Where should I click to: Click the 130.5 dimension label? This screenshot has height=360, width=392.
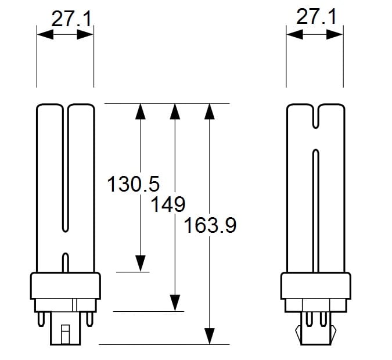point(133,183)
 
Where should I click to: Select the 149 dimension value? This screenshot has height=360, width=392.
point(168,204)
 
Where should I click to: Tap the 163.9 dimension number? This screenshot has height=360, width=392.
point(210,225)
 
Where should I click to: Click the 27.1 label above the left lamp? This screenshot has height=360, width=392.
point(71,19)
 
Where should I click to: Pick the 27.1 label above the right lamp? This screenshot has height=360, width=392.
point(317,16)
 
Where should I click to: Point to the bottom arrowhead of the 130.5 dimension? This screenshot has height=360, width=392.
point(141,264)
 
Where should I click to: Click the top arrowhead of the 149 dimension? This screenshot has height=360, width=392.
point(175,111)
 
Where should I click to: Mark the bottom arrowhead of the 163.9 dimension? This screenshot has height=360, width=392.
point(210,336)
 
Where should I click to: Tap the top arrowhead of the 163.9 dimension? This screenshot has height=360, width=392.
point(210,111)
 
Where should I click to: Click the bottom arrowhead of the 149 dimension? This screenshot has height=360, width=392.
point(175,303)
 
